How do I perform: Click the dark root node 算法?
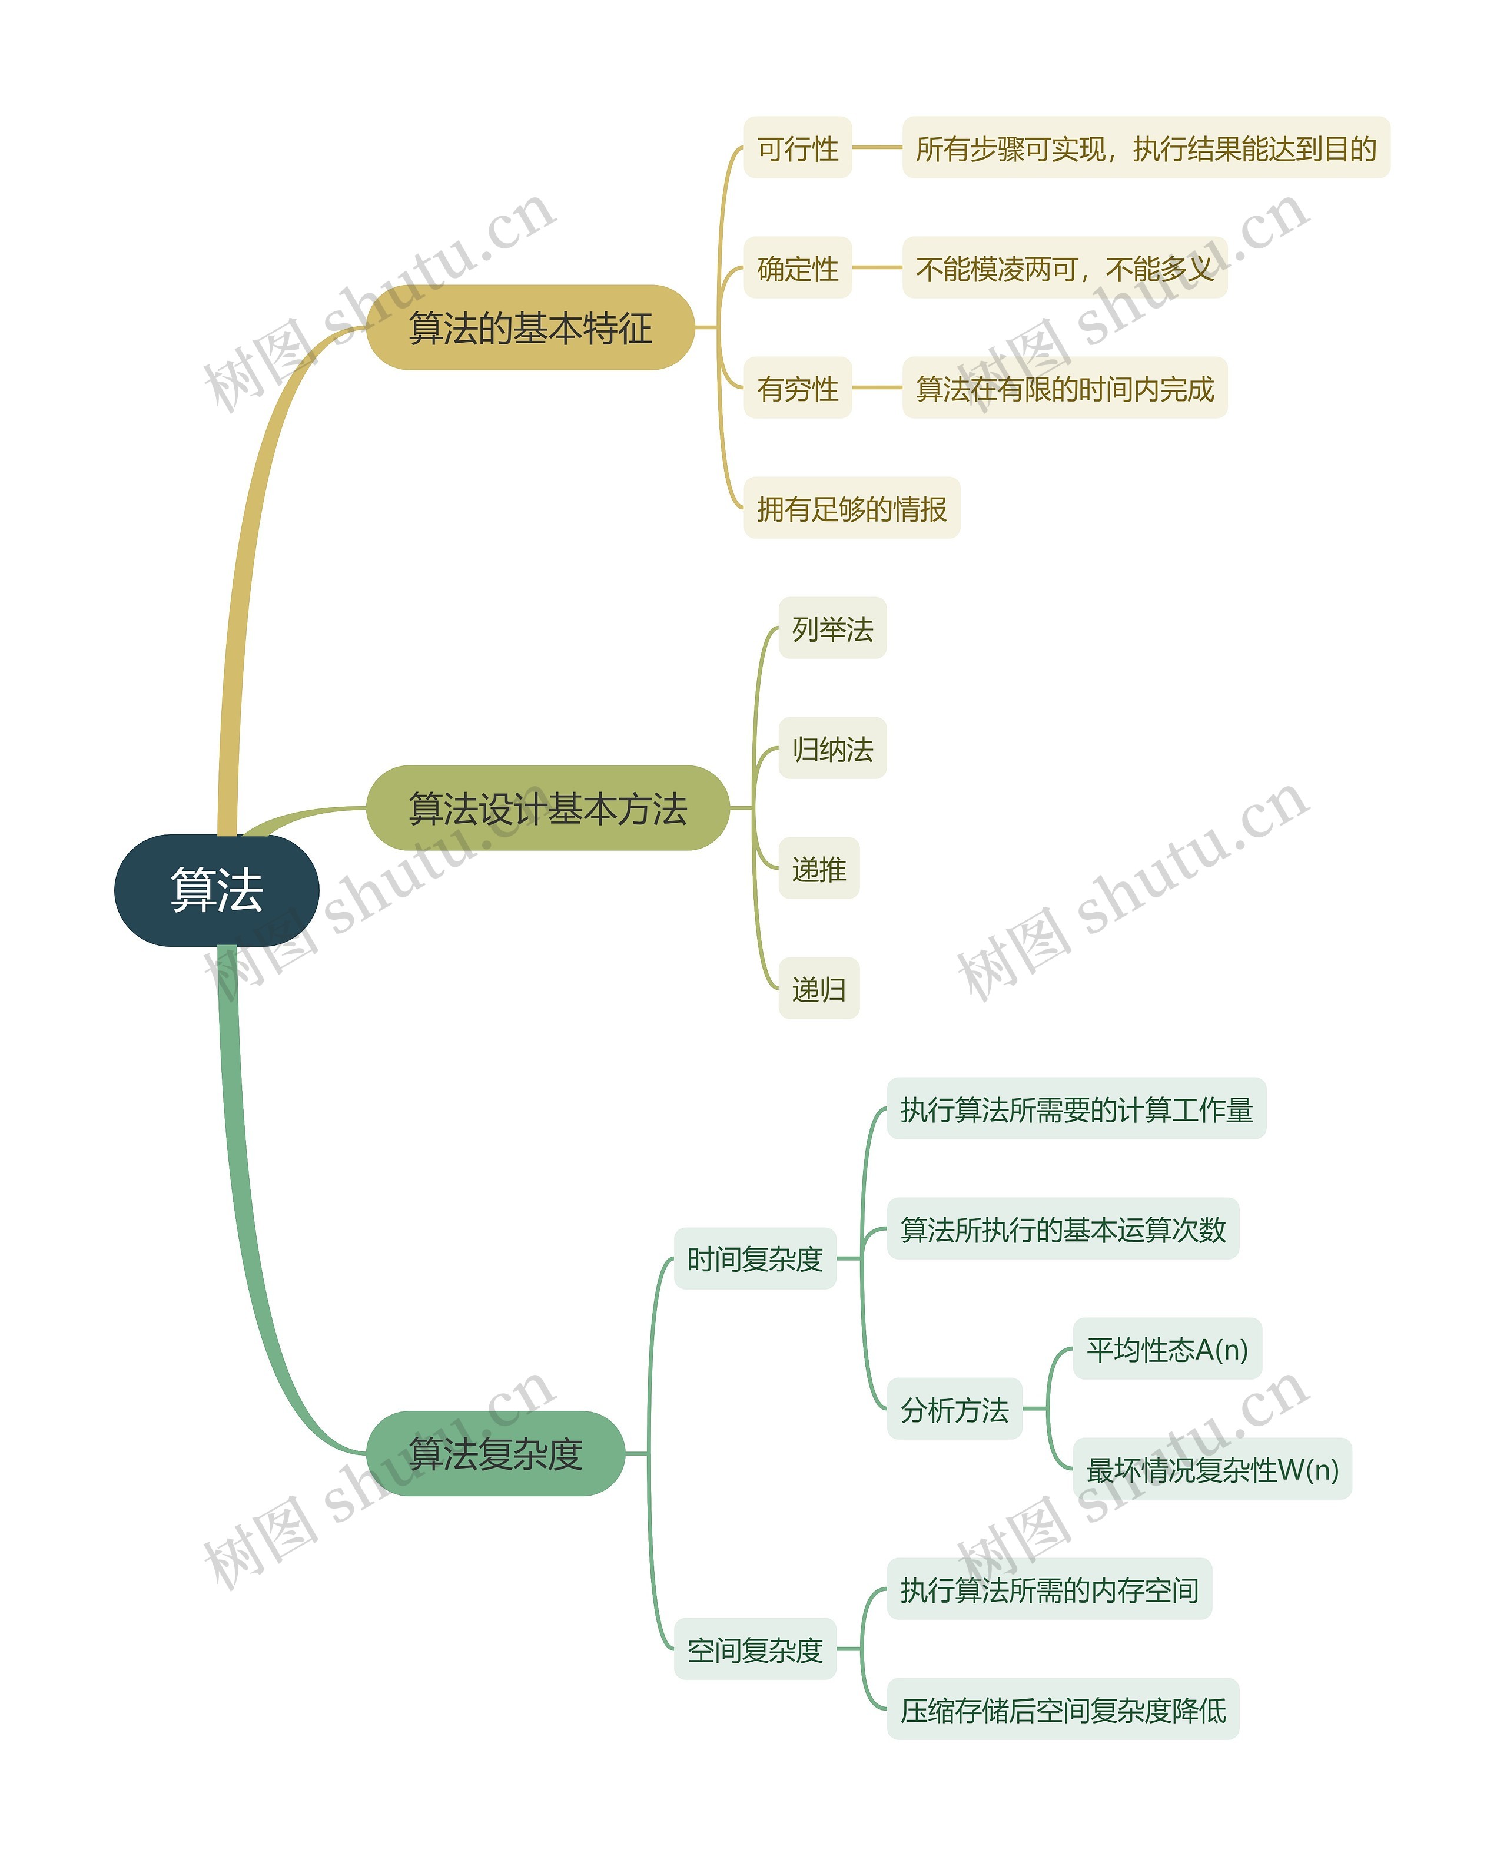(x=216, y=890)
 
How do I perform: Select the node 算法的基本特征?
(x=530, y=327)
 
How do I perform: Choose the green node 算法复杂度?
(x=495, y=1453)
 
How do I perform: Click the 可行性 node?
(x=797, y=148)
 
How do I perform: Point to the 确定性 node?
(x=797, y=269)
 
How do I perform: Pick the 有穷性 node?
(x=797, y=388)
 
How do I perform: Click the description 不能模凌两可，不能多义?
(x=1064, y=269)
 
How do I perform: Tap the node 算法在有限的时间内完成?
(x=1064, y=388)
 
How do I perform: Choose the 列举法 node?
(x=832, y=628)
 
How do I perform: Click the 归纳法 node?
(x=832, y=748)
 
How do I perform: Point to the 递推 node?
(x=819, y=868)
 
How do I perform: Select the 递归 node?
(x=819, y=989)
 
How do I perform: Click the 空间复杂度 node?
(x=754, y=1649)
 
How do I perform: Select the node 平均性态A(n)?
(x=1167, y=1349)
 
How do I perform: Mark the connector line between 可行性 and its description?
(x=877, y=148)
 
